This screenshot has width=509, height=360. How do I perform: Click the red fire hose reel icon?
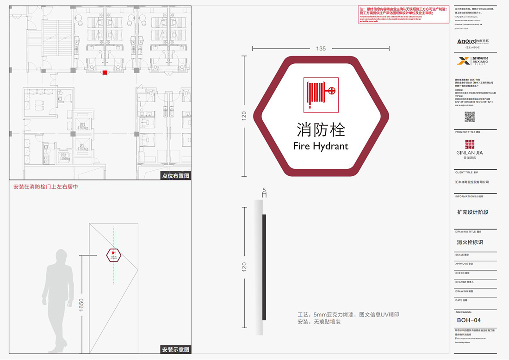tap(321, 95)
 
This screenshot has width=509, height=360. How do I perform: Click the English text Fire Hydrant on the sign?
tap(321, 146)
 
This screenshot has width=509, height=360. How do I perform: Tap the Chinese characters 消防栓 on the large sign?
tap(321, 130)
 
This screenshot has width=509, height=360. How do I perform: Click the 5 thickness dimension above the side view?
tap(264, 190)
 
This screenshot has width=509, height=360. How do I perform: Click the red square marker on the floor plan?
tap(105, 72)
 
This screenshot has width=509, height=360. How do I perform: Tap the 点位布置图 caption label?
tap(176, 176)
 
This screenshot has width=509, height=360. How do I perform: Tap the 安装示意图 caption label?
tap(176, 349)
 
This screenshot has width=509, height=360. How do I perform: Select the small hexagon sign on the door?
tap(114, 255)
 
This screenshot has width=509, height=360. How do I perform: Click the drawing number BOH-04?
tap(469, 320)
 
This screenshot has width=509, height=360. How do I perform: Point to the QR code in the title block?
tap(470, 117)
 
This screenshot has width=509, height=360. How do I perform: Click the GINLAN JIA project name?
tap(469, 152)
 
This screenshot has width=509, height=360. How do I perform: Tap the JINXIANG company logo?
tap(473, 61)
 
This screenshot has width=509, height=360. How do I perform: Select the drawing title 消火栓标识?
tap(470, 242)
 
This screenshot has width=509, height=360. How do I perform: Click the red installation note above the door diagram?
tap(46, 187)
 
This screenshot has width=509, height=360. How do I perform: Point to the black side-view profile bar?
tap(264, 267)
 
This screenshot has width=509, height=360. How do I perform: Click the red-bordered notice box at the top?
tap(403, 14)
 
